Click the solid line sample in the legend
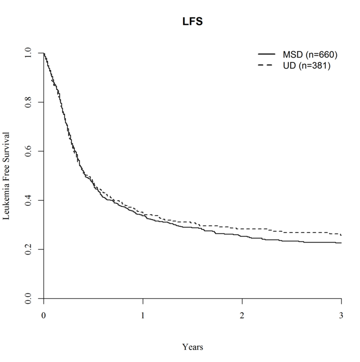[266, 54]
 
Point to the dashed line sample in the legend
[266, 65]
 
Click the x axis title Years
[193, 346]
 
